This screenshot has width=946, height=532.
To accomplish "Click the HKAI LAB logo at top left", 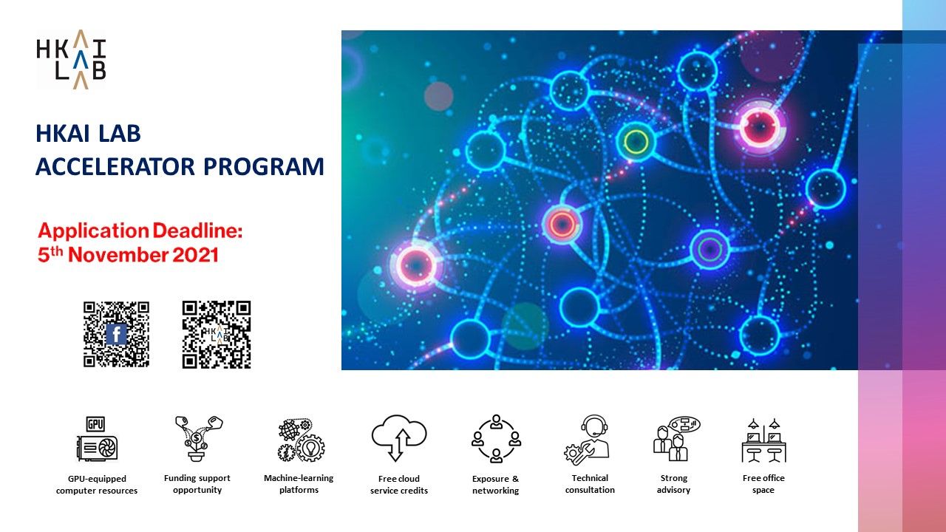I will [71, 59].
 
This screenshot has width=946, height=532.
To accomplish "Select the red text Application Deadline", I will [140, 231].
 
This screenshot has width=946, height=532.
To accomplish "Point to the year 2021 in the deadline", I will [196, 256].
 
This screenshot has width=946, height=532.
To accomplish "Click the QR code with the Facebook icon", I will [116, 334].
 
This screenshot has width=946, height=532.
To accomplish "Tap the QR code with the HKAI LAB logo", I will [217, 334].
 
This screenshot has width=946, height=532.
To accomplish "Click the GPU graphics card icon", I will [97, 440].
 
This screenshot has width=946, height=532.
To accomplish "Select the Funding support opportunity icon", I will [197, 439].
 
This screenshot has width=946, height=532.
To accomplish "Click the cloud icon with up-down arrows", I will [399, 438].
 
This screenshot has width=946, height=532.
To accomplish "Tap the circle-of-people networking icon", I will [496, 439].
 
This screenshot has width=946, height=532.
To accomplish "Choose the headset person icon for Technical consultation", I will [588, 439].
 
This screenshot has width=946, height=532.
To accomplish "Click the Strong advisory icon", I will [674, 439].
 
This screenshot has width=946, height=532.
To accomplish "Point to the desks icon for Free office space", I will [763, 440].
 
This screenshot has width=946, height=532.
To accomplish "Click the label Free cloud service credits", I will [399, 485].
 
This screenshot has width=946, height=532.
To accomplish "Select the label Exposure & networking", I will [496, 485].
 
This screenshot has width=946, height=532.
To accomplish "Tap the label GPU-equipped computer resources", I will [97, 485].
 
